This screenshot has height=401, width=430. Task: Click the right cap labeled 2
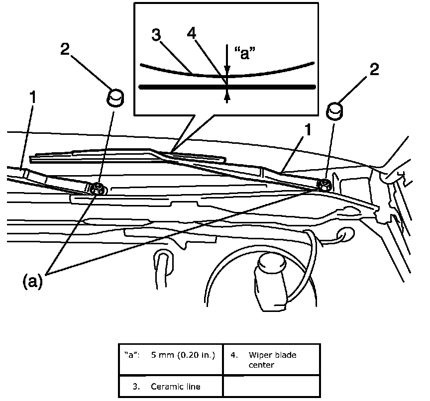(x=334, y=110)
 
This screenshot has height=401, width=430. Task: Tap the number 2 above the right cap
(x=374, y=69)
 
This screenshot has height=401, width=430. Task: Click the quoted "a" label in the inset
(x=245, y=52)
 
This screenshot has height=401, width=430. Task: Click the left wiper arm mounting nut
(x=98, y=188)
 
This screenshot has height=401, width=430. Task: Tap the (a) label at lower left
(x=32, y=282)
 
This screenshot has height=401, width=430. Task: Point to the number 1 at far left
(x=32, y=98)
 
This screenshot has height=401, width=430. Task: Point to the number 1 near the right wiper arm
(x=309, y=130)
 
